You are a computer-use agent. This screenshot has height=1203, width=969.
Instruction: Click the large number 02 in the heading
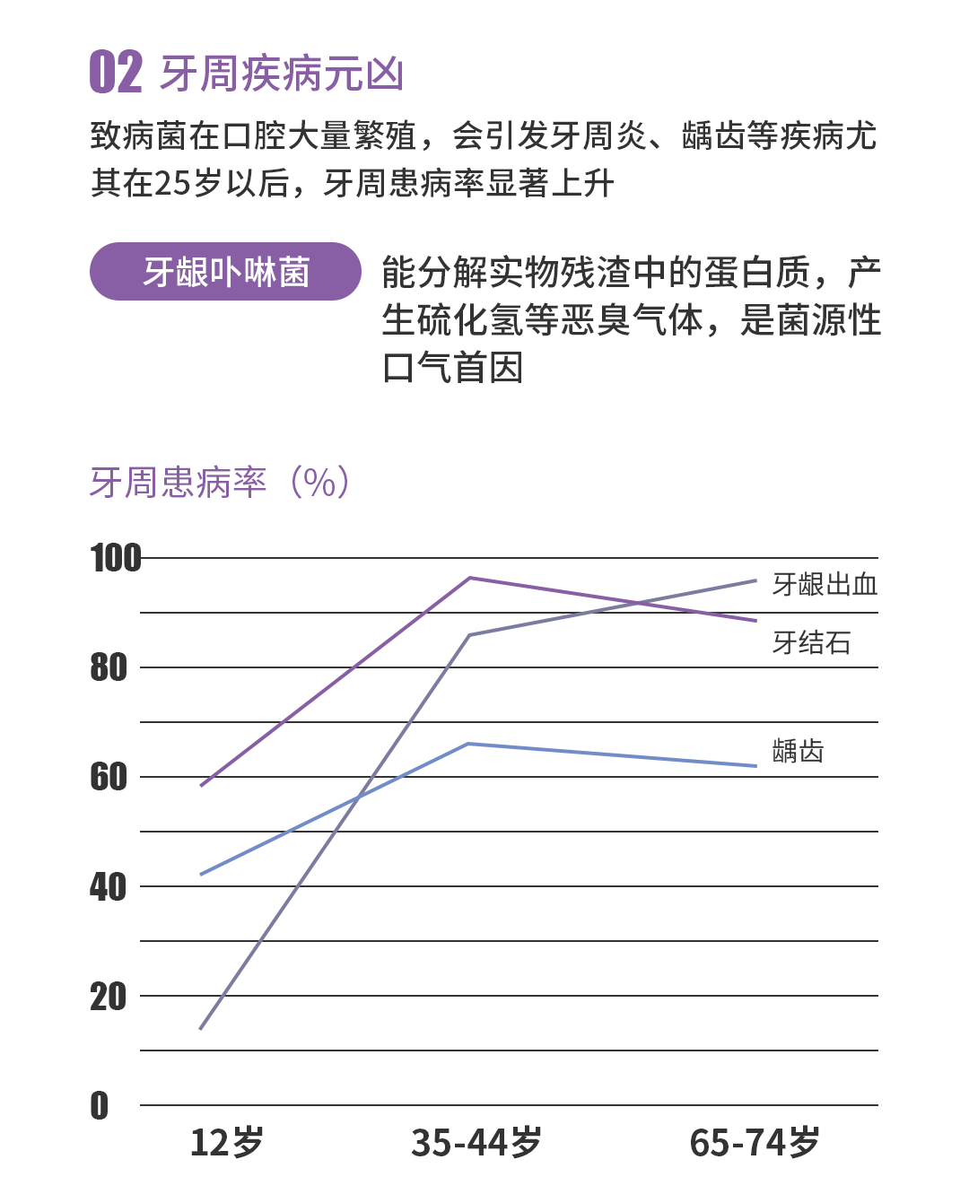[116, 73]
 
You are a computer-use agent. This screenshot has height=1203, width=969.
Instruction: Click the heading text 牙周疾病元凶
[282, 74]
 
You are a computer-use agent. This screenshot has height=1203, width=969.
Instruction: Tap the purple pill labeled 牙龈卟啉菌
[225, 271]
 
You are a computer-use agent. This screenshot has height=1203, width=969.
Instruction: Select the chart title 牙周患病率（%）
[220, 483]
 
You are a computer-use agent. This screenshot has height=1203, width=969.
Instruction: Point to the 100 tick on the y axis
[116, 558]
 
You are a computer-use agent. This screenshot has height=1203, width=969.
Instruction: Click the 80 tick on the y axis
[109, 667]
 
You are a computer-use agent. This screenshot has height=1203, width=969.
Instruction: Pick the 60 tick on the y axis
[109, 777]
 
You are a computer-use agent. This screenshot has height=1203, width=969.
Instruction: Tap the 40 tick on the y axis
[109, 886]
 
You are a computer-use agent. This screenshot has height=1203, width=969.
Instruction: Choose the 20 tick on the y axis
[109, 996]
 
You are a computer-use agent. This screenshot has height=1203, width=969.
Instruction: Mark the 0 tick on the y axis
[100, 1105]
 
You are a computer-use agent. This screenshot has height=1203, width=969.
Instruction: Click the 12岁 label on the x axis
[227, 1143]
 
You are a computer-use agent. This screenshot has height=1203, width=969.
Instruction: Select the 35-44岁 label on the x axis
[476, 1143]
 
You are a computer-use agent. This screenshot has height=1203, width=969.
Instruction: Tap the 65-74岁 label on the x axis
[755, 1143]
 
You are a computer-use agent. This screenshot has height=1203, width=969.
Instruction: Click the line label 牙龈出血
[825, 585]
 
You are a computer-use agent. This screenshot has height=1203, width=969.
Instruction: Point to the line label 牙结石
[811, 642]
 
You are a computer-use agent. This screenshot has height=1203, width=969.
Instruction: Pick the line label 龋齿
[798, 751]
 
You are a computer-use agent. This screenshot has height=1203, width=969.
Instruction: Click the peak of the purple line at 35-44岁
[469, 578]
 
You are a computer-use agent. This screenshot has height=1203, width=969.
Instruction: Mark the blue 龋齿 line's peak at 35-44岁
[469, 744]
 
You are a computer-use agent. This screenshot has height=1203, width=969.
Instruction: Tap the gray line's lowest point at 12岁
[201, 1028]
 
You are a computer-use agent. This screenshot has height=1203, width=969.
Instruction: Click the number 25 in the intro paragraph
[171, 184]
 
